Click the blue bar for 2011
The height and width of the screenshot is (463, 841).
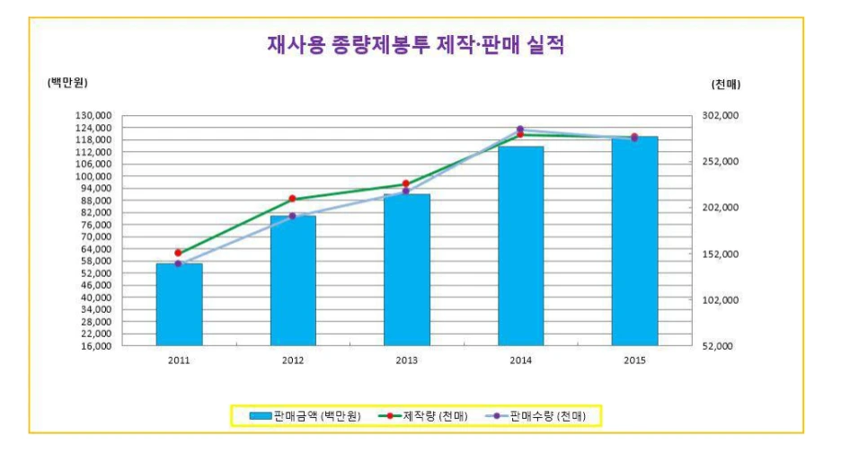point(179,304)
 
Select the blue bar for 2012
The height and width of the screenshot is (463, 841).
point(293,280)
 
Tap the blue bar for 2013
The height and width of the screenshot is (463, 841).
point(406,270)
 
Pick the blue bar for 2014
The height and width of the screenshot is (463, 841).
point(520,245)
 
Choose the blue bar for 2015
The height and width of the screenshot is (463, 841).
point(634,241)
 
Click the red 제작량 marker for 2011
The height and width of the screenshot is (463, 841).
point(178,253)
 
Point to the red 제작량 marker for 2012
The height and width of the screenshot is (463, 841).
point(292,199)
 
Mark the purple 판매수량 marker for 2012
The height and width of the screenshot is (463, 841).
point(292,216)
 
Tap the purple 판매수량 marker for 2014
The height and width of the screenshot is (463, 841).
point(520,129)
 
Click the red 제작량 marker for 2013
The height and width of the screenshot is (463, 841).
point(406,183)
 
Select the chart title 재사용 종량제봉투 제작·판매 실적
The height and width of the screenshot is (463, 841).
point(416,45)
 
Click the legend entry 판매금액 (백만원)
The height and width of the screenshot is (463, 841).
point(305,415)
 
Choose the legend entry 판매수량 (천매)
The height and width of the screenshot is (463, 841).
point(538,415)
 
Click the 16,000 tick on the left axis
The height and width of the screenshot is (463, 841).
point(93,345)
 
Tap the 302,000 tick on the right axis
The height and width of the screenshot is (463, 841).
point(719,116)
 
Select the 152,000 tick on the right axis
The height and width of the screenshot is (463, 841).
point(719,254)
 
